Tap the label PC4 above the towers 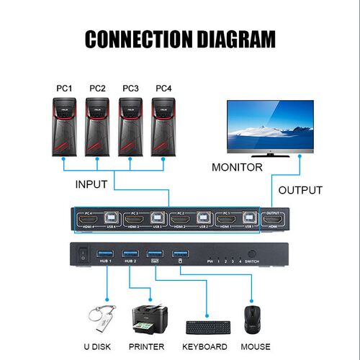coord(163,89)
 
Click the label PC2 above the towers coord(97,89)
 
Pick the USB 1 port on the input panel coord(249,220)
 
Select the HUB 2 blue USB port coord(130,253)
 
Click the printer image coord(150,319)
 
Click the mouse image coord(251,320)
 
